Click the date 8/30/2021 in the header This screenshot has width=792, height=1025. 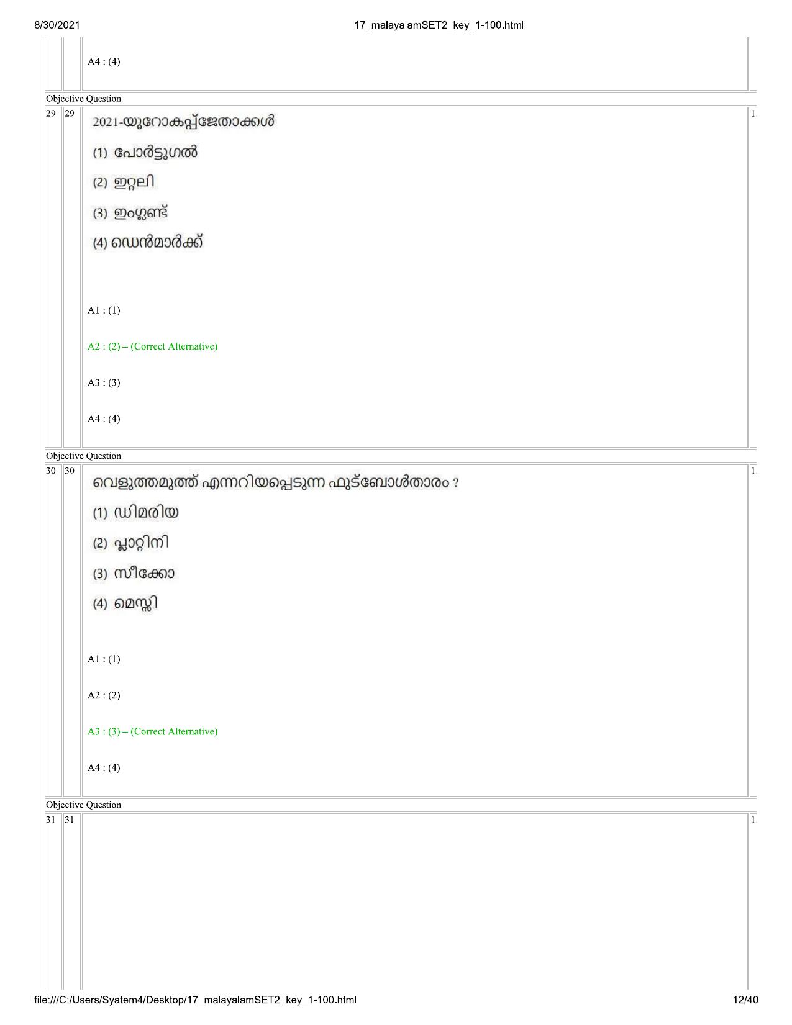click(x=57, y=25)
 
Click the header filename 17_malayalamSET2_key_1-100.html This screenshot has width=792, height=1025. click(x=439, y=25)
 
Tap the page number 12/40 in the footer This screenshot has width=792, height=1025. click(x=745, y=1000)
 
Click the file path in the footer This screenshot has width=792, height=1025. click(x=195, y=1000)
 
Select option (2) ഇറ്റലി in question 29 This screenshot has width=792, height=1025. click(x=124, y=182)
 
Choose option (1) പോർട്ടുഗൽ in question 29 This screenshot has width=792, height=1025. click(x=145, y=152)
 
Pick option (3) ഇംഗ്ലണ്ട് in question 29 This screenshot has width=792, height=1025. click(x=130, y=213)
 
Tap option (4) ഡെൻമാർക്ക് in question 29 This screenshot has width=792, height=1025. click(x=148, y=243)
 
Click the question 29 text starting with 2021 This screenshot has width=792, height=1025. click(x=183, y=122)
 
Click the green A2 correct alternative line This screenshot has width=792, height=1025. click(x=152, y=346)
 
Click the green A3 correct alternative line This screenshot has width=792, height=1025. click(x=152, y=731)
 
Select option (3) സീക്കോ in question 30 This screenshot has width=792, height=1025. click(x=134, y=573)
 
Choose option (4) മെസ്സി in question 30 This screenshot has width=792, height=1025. click(x=125, y=604)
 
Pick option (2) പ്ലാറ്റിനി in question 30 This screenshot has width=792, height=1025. click(x=130, y=543)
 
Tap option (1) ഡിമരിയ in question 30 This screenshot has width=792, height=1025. click(x=135, y=512)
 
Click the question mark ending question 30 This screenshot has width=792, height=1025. click(x=455, y=484)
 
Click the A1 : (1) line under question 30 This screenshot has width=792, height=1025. click(x=104, y=659)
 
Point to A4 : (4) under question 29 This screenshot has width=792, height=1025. click(x=104, y=419)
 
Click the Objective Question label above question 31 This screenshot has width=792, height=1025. click(x=83, y=805)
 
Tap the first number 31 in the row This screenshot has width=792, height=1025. click(x=50, y=820)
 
